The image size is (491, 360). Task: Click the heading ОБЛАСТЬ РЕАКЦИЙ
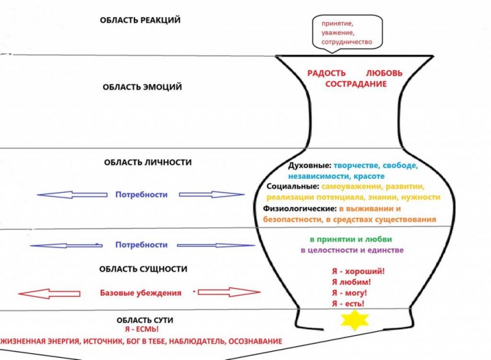tap(141, 20)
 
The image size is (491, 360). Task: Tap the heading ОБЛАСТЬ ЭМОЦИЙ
tap(142, 87)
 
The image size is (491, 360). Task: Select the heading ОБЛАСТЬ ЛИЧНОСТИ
tap(147, 162)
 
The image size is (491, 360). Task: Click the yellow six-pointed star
tap(352, 320)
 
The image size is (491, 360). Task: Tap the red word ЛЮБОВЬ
tap(385, 73)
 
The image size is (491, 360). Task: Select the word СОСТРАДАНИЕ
tap(356, 84)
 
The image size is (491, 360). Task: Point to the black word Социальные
tap(293, 186)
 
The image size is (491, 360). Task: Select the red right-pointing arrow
tap(222, 292)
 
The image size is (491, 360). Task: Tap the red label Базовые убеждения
tap(141, 293)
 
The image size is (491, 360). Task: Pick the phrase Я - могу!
tap(349, 293)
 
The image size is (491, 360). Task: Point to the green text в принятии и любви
tap(351, 239)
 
